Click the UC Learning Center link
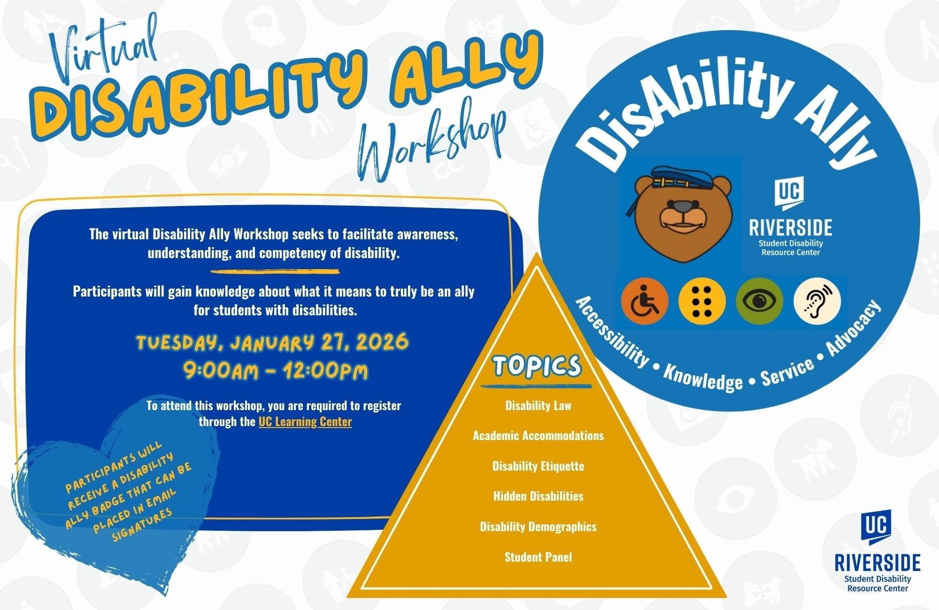(x=305, y=421)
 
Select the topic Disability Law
(x=538, y=405)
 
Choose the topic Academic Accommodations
(x=538, y=435)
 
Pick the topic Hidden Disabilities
(x=538, y=496)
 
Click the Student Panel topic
(x=538, y=557)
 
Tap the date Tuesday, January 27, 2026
(x=272, y=342)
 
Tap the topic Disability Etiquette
(x=538, y=466)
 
